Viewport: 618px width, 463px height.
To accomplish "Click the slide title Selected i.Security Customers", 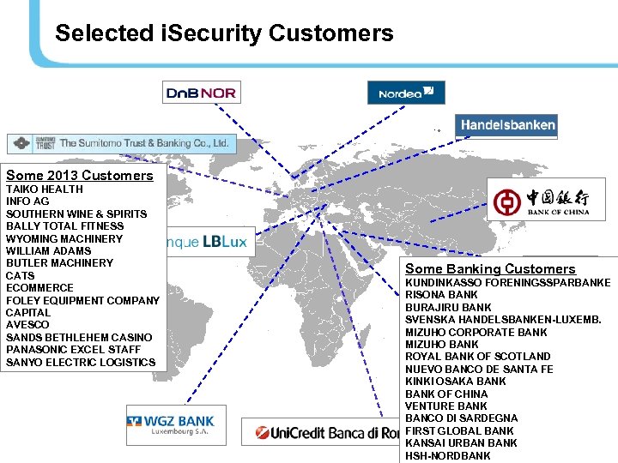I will coord(224,33).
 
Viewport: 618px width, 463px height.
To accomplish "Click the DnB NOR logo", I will coord(201,92).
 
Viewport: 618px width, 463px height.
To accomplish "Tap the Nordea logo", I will coord(406,92).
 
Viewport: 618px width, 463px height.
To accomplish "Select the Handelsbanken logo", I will coord(506,125).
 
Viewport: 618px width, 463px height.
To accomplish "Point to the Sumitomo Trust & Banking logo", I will coord(120,143).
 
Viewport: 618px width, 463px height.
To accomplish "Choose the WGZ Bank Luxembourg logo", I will coord(176,424).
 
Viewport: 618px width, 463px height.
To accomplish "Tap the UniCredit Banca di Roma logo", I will coord(321,432).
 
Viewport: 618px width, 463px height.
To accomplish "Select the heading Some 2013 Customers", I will coord(79,176).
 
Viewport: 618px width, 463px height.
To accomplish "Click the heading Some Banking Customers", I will coord(490,269).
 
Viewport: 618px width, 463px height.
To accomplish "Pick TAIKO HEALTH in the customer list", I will coord(45,189).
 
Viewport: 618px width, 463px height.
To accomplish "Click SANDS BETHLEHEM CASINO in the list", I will coord(79,338).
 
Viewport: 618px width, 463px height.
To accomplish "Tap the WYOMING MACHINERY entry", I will coord(64,238).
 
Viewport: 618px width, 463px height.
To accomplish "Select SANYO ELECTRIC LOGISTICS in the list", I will coord(81,362).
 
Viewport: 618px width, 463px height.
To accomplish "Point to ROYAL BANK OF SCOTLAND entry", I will coord(478,357).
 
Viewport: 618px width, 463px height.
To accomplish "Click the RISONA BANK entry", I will coord(441,295).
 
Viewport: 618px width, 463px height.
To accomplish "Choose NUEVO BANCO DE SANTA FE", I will coord(479,370).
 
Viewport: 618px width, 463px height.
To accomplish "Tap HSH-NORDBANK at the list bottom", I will coord(448,456).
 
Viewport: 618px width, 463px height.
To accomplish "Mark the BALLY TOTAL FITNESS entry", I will coord(65,226).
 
